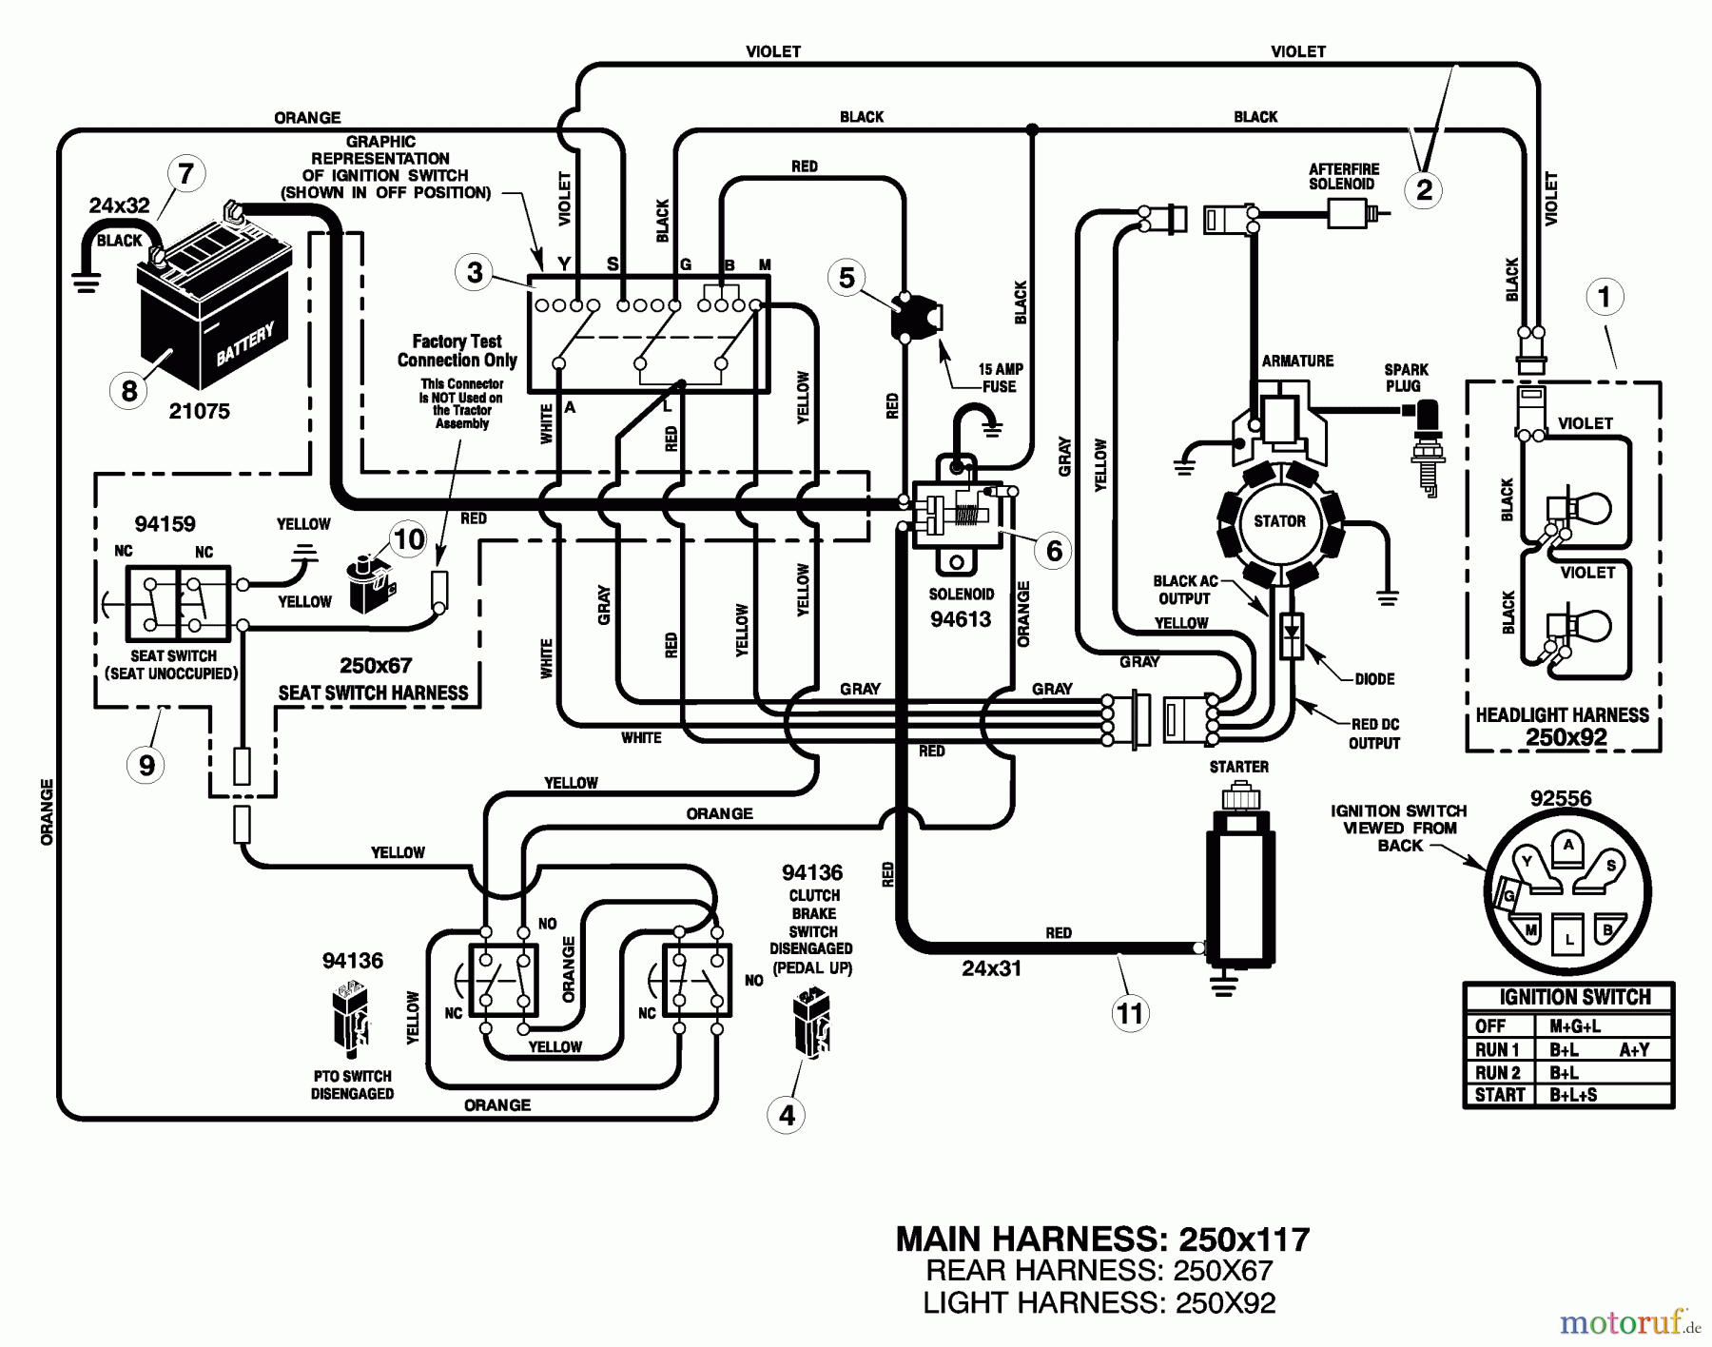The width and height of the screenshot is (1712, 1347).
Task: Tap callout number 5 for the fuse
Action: point(846,278)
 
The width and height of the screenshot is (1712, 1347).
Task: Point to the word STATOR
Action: point(1279,521)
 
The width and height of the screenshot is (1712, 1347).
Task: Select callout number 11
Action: point(1129,1013)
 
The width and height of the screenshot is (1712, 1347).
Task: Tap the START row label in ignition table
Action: point(1499,1095)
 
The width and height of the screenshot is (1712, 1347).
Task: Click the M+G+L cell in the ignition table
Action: point(1574,1026)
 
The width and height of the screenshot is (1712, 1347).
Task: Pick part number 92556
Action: point(1561,799)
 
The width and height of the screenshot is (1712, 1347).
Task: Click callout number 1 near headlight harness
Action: point(1605,297)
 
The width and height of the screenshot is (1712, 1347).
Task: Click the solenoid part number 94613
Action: point(961,620)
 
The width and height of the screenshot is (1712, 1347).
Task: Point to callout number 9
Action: point(146,765)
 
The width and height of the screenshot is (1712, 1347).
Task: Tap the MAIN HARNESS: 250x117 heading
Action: point(1102,1239)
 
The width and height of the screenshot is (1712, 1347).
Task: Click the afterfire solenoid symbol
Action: point(1351,217)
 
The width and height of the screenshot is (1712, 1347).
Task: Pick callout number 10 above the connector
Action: point(409,539)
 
